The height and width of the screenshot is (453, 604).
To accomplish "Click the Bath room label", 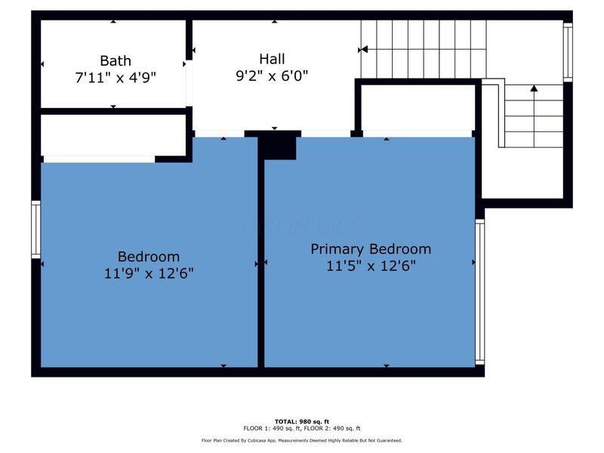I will (x=115, y=60).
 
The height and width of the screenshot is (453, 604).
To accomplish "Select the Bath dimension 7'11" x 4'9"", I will (x=115, y=76).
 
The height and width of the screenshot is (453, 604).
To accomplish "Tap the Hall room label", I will (x=272, y=58).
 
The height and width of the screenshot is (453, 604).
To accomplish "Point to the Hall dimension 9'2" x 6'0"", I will (x=272, y=75).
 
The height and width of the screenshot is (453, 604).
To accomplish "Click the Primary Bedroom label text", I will (x=371, y=249).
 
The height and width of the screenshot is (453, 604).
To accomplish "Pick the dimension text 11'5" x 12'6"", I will (x=371, y=266).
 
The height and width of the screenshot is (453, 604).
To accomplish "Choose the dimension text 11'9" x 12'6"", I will (x=149, y=273).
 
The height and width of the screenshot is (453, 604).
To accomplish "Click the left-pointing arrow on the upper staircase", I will (x=364, y=49).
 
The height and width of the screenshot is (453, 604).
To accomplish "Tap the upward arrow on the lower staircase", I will (x=534, y=89).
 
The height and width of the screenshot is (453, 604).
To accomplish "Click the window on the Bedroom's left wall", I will (x=35, y=229).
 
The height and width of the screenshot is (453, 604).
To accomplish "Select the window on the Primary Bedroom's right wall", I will (x=479, y=291).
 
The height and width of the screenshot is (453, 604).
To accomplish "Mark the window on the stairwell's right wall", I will (x=568, y=51).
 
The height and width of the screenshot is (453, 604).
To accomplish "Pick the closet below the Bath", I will (x=113, y=136).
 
